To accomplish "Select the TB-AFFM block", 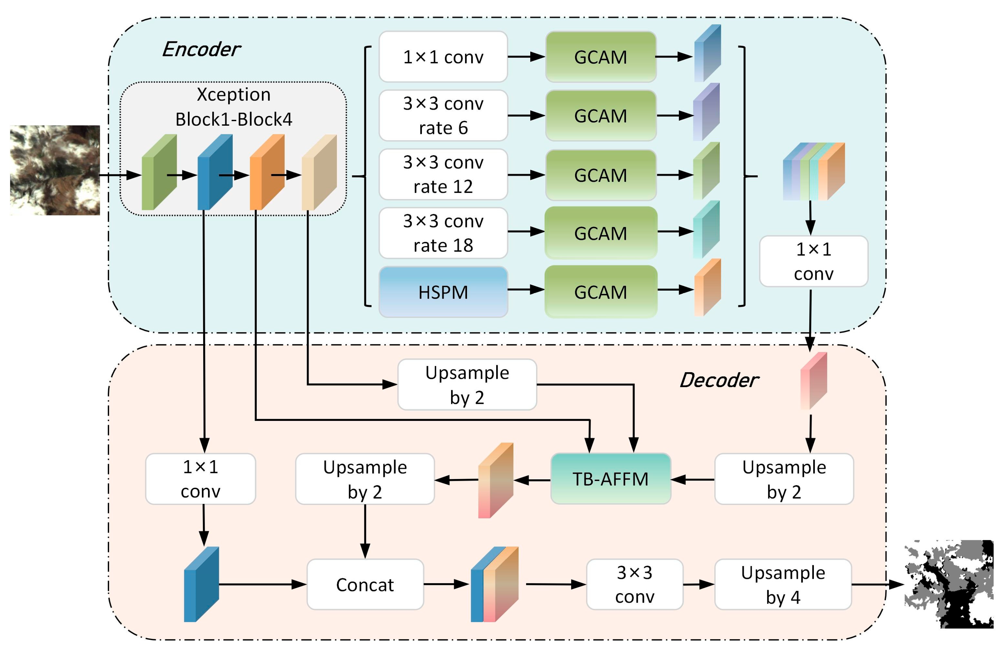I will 610,479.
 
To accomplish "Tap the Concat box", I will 365,585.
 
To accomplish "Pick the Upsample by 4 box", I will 783,585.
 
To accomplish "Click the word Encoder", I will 201,50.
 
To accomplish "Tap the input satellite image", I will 55,170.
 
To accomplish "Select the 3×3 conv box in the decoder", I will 634,585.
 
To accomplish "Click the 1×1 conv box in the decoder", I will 200,479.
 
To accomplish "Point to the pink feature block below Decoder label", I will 813,381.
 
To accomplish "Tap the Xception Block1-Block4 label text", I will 234,107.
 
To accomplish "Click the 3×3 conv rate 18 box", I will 443,233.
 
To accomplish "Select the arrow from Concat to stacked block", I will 446,584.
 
